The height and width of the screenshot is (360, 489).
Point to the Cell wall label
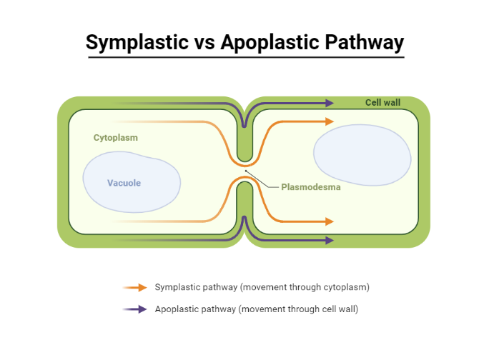(382, 102)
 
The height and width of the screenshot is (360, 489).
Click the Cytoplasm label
(115, 137)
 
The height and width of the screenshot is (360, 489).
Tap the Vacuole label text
(124, 183)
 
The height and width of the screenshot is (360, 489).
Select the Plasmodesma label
(310, 187)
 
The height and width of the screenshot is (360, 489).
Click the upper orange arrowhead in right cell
(328, 121)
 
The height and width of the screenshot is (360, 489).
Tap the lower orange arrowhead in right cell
(328, 221)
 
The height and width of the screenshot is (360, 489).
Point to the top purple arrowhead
(328, 103)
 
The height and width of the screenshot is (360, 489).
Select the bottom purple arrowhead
(328, 240)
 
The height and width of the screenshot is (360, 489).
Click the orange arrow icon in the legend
(135, 287)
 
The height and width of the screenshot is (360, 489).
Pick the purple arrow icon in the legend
(135, 309)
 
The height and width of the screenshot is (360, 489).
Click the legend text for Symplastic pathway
(262, 287)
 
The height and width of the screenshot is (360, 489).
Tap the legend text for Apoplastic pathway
(256, 309)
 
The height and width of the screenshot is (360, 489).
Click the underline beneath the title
(245, 57)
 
